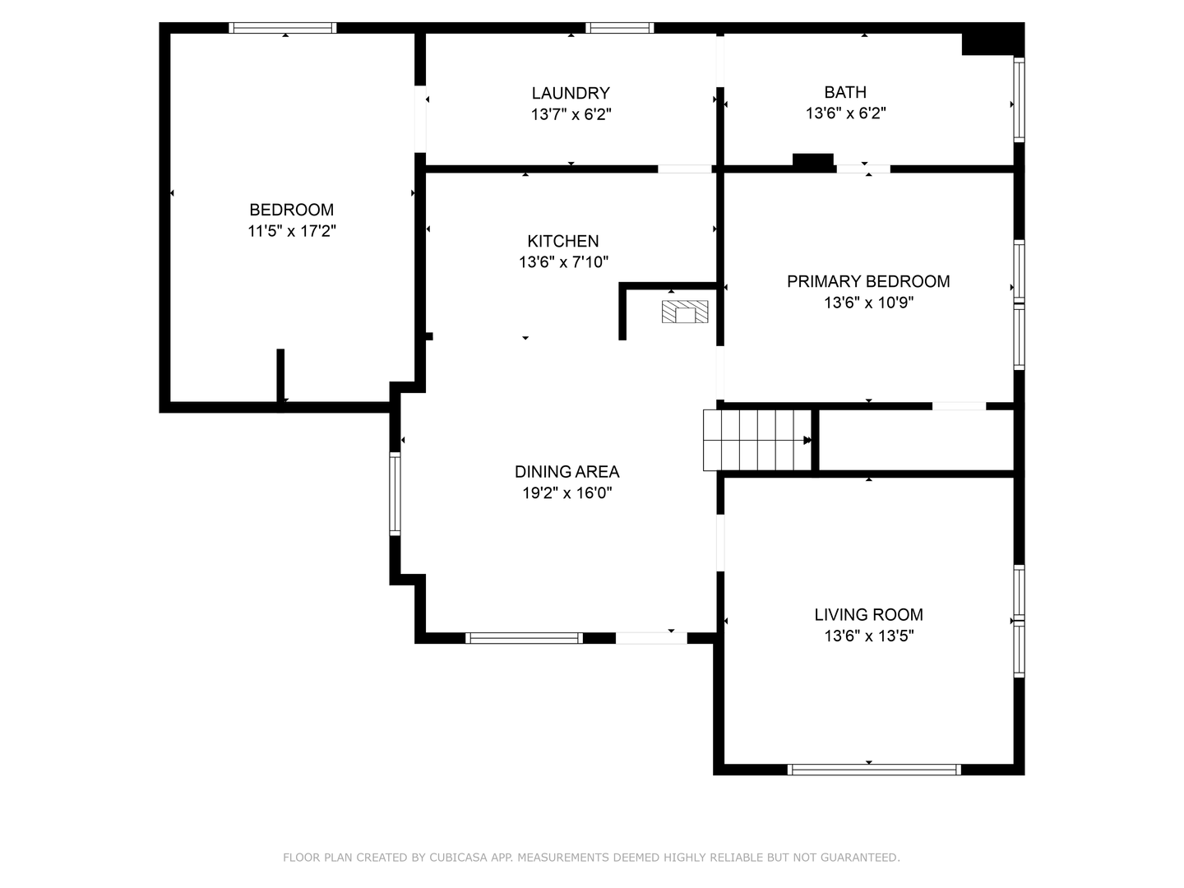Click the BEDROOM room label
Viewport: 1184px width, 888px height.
point(291,210)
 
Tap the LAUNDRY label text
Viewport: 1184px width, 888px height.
point(571,93)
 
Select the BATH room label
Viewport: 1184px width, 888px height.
point(845,92)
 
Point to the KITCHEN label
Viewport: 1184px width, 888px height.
point(563,241)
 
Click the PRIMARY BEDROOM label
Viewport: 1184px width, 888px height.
point(868,281)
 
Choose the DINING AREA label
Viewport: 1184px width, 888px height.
point(567,472)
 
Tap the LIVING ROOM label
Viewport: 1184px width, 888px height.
point(868,614)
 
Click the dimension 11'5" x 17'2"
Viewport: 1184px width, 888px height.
point(291,231)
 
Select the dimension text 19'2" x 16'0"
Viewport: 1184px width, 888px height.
point(567,493)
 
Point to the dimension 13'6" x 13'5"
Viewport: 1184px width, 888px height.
point(868,636)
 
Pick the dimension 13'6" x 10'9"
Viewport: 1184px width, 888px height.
point(868,303)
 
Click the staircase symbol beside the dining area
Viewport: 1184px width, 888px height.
point(756,440)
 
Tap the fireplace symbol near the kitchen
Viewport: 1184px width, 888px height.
point(685,312)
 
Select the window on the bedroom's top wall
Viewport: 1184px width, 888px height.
point(283,28)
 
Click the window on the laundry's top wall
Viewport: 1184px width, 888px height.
point(620,28)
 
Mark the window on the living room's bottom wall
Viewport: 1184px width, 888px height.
point(873,770)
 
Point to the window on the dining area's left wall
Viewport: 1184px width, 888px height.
point(395,494)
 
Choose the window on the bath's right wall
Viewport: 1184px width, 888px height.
point(1019,99)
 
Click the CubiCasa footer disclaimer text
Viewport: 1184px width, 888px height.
point(591,858)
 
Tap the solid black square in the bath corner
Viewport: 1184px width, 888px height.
point(992,39)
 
